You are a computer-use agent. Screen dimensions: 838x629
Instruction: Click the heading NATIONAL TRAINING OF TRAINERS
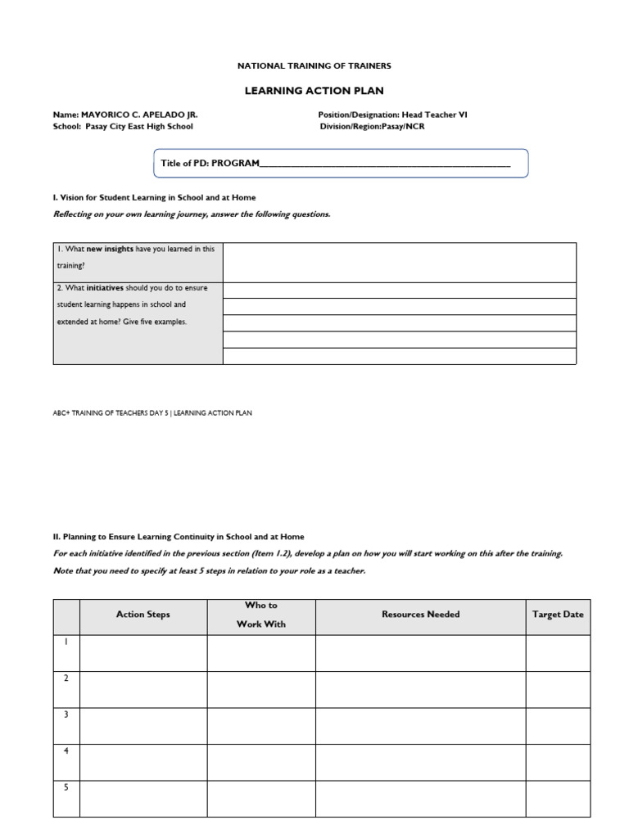coord(314,65)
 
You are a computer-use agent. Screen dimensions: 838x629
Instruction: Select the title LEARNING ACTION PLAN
coord(314,91)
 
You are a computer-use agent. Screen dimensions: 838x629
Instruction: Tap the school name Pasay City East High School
coord(139,127)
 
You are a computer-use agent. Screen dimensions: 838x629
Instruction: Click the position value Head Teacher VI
coord(434,115)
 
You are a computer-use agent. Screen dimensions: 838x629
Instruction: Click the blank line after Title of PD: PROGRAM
coord(384,164)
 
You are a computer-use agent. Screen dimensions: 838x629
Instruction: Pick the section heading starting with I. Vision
coord(154,197)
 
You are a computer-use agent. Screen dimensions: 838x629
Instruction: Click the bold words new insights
coord(110,249)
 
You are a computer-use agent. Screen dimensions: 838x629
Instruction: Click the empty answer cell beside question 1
coord(399,262)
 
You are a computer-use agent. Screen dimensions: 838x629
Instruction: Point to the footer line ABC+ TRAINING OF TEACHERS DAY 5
coord(152,413)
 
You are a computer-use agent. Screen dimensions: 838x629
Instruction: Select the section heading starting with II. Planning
coord(179,537)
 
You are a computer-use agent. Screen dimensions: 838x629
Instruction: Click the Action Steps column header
coord(143,615)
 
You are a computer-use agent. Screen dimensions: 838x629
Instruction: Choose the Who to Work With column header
coord(261,615)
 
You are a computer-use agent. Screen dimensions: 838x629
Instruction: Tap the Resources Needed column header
coord(420,615)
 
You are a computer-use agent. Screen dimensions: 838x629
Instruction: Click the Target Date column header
coord(558,615)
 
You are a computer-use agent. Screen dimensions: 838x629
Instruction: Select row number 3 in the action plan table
coord(66,714)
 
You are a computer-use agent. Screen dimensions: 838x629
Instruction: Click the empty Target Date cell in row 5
coord(558,799)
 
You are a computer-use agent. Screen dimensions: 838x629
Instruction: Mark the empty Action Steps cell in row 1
coord(143,653)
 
